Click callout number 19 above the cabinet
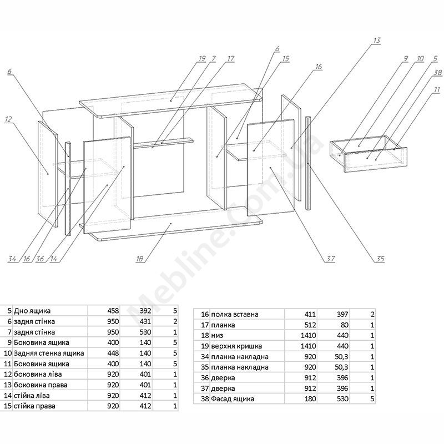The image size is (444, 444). coord(201,58)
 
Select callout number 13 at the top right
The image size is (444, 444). coord(377,41)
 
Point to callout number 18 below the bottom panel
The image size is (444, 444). coord(140,258)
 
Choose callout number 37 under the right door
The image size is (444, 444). coord(331,259)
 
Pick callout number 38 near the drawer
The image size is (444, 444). coord(437,73)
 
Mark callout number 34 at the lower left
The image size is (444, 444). coord(12,259)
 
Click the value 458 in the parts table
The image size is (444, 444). coord(113,311)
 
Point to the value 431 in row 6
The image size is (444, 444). coord(144,321)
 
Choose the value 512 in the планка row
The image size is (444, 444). coord(310,325)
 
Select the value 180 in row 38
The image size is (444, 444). coord(310,399)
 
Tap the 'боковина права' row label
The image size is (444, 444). coord(39,385)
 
